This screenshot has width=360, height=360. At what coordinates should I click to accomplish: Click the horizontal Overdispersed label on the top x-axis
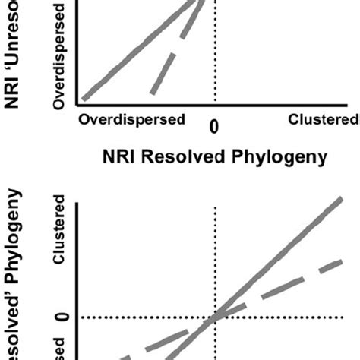[x=133, y=120]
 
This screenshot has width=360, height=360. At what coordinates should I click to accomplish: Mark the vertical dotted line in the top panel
[x=216, y=68]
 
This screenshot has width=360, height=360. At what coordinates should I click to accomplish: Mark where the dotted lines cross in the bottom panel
[x=216, y=317]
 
